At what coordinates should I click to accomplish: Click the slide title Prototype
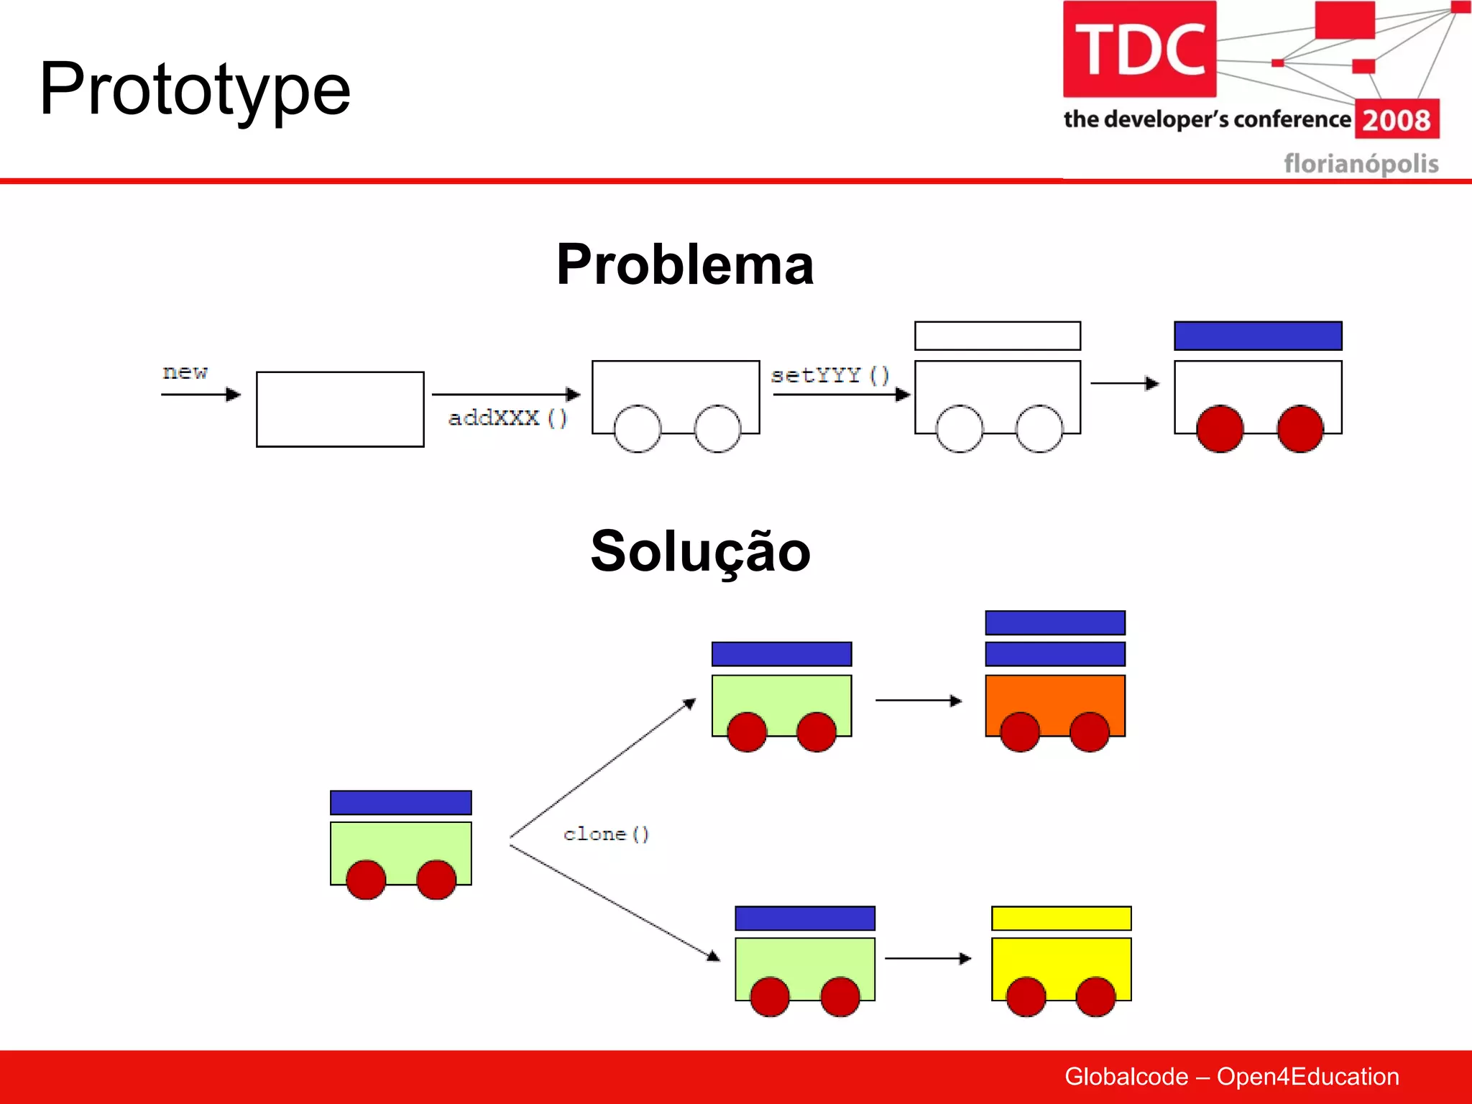pyautogui.click(x=195, y=89)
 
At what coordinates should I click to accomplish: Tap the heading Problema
pyautogui.click(x=684, y=264)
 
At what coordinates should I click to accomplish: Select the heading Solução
pyautogui.click(x=700, y=551)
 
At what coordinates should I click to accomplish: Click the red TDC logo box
pyautogui.click(x=1139, y=49)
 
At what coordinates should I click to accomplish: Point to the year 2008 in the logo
pyautogui.click(x=1396, y=120)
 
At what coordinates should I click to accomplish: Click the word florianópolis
pyautogui.click(x=1361, y=163)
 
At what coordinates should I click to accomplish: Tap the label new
pyautogui.click(x=185, y=372)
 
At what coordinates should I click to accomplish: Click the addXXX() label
pyautogui.click(x=507, y=418)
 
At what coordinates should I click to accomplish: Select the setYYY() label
pyautogui.click(x=829, y=375)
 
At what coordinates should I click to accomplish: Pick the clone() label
pyautogui.click(x=606, y=834)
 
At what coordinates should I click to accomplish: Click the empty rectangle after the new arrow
pyautogui.click(x=340, y=409)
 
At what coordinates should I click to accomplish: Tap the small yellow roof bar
pyautogui.click(x=1061, y=918)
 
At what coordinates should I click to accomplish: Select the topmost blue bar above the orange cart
pyautogui.click(x=1054, y=622)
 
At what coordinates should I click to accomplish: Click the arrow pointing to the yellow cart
pyautogui.click(x=927, y=958)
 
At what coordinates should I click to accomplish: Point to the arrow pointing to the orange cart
pyautogui.click(x=918, y=700)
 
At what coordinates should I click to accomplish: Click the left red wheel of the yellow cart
pyautogui.click(x=1026, y=996)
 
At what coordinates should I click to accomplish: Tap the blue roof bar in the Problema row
pyautogui.click(x=1257, y=336)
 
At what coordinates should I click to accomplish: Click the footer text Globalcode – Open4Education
pyautogui.click(x=1231, y=1076)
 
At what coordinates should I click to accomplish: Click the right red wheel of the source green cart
pyautogui.click(x=436, y=880)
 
